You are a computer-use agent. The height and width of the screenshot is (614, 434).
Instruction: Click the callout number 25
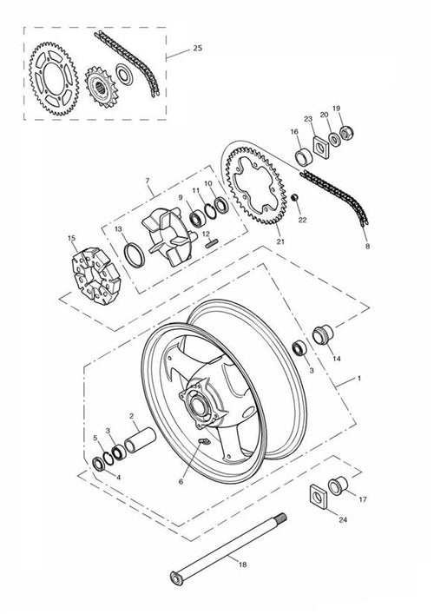coord(198,48)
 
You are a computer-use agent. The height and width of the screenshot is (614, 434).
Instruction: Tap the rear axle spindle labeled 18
coord(228,549)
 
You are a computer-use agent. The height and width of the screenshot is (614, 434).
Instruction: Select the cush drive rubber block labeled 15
coord(95,275)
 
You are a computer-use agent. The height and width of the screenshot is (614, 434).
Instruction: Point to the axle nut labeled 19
coord(346,133)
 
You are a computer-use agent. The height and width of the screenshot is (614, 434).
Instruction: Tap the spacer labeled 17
coord(338,486)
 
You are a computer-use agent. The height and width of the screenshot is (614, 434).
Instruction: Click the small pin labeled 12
coord(211,244)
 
